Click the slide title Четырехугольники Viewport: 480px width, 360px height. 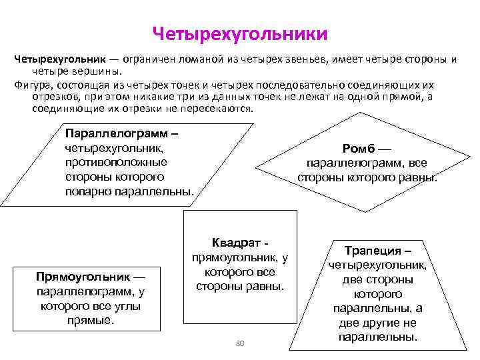[x=240, y=32]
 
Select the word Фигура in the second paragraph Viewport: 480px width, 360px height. [x=31, y=85]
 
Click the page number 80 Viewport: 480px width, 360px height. [x=241, y=343]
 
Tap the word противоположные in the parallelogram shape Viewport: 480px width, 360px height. [x=116, y=162]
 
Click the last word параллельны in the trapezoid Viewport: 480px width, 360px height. [x=377, y=337]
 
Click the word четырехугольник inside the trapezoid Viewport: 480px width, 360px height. [x=377, y=265]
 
